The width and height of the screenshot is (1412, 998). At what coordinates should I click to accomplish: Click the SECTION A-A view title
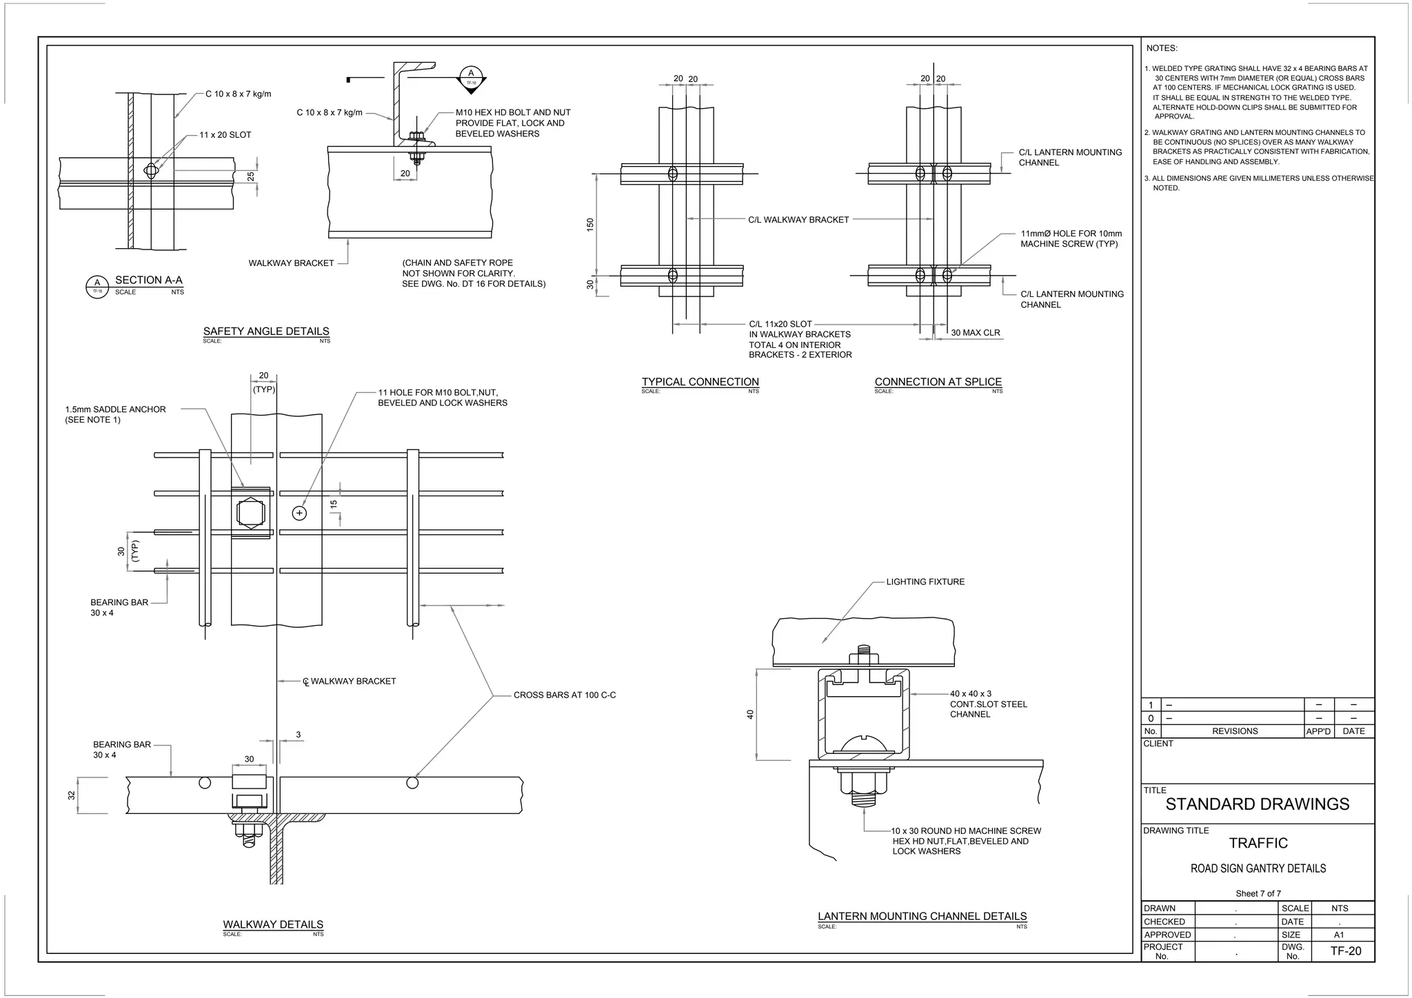tap(148, 280)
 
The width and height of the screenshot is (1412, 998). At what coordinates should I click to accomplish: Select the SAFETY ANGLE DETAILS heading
tap(266, 331)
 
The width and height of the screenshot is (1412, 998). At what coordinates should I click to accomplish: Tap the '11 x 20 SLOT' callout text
tap(225, 135)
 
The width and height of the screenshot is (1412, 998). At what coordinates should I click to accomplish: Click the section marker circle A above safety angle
tap(471, 74)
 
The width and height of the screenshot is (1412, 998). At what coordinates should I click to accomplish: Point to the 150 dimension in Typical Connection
tap(590, 224)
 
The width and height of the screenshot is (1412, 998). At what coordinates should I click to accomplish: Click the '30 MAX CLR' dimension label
tap(975, 333)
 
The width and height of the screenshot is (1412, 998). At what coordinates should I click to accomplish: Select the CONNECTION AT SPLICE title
tap(938, 382)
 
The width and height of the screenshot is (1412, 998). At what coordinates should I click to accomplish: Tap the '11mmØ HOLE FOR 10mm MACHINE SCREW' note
tap(1071, 239)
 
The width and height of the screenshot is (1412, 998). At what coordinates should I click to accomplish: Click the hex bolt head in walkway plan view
tap(250, 513)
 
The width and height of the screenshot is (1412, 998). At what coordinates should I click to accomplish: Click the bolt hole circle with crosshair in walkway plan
tap(299, 513)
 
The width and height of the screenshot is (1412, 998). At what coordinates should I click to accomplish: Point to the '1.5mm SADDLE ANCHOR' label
tap(115, 414)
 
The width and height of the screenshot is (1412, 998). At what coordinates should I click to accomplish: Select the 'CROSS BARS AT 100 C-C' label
tap(564, 695)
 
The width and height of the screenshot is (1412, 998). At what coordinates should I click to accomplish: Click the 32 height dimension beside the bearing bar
tap(72, 795)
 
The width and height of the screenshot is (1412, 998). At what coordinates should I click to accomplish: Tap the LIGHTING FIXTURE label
tap(925, 582)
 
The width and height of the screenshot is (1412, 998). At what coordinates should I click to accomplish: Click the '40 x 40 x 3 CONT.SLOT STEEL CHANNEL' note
tap(988, 704)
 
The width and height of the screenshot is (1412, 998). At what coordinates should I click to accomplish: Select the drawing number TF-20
tap(1345, 951)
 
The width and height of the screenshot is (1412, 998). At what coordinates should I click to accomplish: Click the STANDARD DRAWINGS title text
tap(1257, 804)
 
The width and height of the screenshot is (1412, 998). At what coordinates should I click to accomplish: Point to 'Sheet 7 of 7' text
tap(1258, 893)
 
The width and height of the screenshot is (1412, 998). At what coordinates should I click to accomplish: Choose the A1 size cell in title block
tap(1338, 935)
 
